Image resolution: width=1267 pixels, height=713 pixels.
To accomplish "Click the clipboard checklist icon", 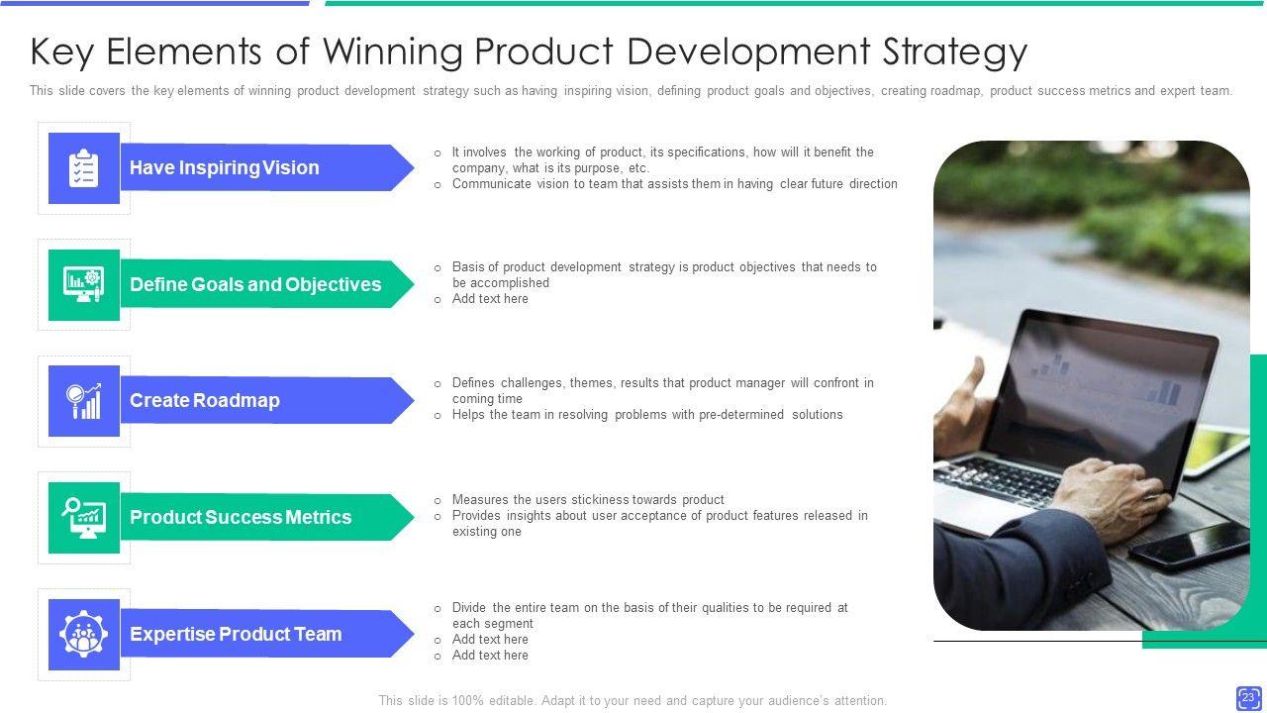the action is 84,168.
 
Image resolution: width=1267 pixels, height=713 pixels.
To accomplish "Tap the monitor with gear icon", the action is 84,284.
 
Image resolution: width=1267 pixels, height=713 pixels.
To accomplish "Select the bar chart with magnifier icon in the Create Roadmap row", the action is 84,401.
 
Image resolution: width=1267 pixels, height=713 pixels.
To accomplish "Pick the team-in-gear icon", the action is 84,634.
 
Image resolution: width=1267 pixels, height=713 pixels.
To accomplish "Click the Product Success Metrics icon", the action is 84,517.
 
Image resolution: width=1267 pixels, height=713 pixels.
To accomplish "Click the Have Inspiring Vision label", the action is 225,168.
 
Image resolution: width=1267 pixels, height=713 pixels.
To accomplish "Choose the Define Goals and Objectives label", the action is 255,284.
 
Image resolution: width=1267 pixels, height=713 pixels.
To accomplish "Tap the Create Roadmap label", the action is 205,401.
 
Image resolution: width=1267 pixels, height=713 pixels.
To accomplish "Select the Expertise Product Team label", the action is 236,634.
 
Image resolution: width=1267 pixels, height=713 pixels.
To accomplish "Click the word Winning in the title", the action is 393,52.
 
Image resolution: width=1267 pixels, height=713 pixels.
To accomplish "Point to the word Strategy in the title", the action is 955,52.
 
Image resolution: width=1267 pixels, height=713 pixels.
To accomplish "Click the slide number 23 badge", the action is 1248,698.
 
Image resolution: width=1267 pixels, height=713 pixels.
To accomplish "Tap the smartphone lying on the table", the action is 1188,545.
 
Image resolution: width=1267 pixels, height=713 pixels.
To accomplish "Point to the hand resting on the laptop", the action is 1108,491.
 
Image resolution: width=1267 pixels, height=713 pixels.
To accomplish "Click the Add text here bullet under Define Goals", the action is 490,299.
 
